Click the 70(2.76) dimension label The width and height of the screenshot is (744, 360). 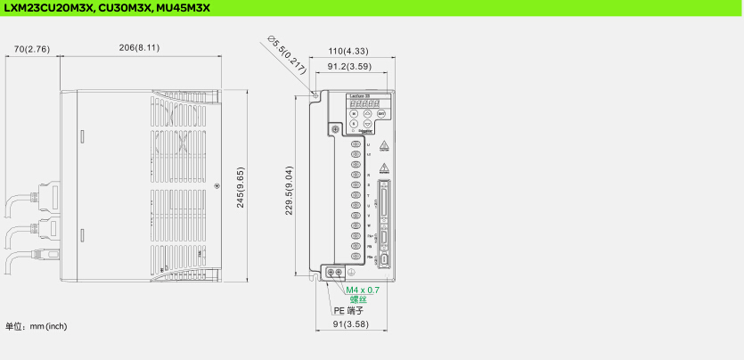(x=31, y=47)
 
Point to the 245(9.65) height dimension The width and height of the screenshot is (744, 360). (x=241, y=188)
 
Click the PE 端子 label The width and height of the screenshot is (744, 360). (x=348, y=310)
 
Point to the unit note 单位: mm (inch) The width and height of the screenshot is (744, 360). (x=37, y=326)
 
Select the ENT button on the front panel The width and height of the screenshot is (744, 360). (x=381, y=114)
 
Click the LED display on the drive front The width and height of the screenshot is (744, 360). (x=364, y=102)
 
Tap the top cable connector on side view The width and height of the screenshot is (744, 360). (x=45, y=196)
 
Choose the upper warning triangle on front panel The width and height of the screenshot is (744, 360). (x=384, y=145)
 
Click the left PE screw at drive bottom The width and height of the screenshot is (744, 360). (x=331, y=271)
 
